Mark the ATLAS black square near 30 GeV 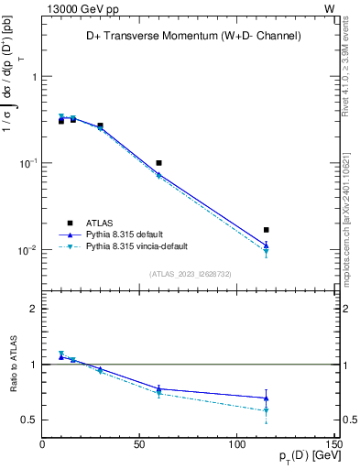(100, 125)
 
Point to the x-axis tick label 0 (42, 446)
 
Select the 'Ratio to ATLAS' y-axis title (13, 364)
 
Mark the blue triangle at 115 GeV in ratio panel (266, 398)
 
